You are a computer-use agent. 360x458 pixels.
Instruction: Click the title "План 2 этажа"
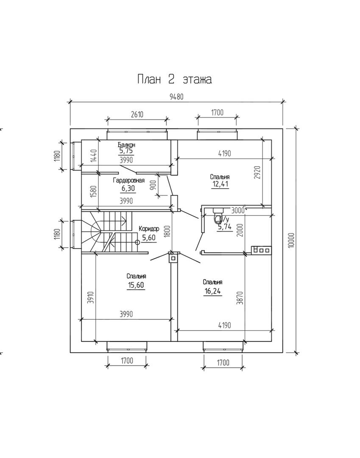pyautogui.click(x=174, y=79)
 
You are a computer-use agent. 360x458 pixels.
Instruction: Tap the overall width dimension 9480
pyautogui.click(x=176, y=96)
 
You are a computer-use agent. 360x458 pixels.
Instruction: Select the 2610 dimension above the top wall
pyautogui.click(x=137, y=114)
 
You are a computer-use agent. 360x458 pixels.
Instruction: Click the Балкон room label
pyautogui.click(x=127, y=145)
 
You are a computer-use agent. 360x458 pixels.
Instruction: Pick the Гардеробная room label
pyautogui.click(x=128, y=180)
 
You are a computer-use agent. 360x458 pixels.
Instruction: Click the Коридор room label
pyautogui.click(x=149, y=229)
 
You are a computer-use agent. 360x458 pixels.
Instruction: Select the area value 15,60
pyautogui.click(x=136, y=285)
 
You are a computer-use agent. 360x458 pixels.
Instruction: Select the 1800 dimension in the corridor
pyautogui.click(x=167, y=231)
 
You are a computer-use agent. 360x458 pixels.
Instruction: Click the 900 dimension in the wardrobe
pyautogui.click(x=153, y=185)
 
